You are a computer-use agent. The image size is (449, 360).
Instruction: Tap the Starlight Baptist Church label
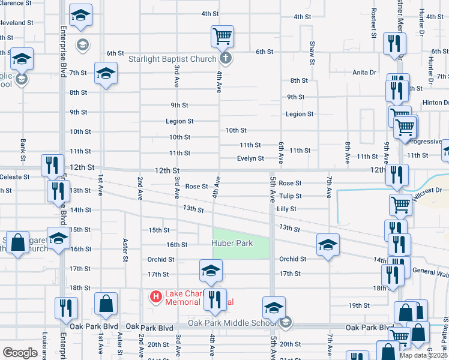coord(172,59)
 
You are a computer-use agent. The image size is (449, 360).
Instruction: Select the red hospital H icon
coord(155,296)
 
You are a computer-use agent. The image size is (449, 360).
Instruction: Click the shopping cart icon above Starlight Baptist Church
coord(222,37)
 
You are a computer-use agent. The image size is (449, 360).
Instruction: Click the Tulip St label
coord(290,196)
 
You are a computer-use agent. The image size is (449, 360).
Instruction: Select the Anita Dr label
coord(364,72)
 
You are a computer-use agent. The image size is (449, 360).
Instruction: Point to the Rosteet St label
coord(373,23)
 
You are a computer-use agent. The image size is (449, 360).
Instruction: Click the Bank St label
coord(23,150)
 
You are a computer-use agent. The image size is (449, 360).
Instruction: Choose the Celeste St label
coord(15,177)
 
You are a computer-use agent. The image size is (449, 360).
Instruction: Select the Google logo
coord(20,353)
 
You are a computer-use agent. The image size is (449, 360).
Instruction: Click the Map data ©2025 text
coord(423,355)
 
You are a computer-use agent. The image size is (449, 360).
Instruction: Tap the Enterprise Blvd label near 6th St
coord(63,51)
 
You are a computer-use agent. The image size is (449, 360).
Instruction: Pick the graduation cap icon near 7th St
coord(106,73)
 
